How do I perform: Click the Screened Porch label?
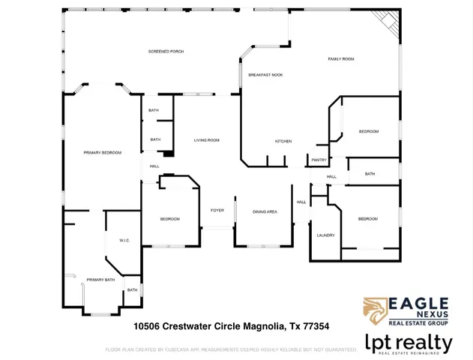[x=166, y=51]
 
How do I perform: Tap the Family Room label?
[x=341, y=58]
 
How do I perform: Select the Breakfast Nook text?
[x=265, y=75]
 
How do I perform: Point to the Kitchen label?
[x=283, y=141]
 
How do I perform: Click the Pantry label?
[x=319, y=160]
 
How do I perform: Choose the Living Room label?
[x=206, y=140]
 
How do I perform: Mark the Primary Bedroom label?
[x=102, y=152]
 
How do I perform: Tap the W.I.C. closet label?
[x=124, y=240]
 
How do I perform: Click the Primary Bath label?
[x=100, y=280]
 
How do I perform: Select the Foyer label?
[x=217, y=211]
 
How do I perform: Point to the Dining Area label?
[x=265, y=211]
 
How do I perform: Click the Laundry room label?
[x=325, y=235]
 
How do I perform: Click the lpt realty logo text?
[x=409, y=344]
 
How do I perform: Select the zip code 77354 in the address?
[x=316, y=326]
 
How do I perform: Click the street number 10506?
[x=148, y=326]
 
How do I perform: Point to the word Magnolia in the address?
[x=259, y=326]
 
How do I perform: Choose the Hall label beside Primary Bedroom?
[x=154, y=166]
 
